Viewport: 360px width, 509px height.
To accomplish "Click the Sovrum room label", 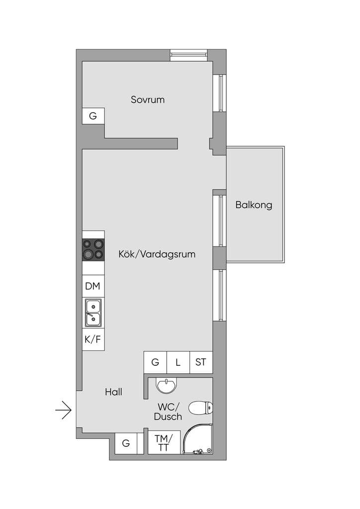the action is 148,99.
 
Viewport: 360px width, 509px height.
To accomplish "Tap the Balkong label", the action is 254,205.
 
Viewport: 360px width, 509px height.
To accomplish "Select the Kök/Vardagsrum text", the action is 157,254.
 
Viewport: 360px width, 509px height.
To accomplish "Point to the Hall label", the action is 113,392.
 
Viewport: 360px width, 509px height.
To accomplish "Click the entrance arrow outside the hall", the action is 63,410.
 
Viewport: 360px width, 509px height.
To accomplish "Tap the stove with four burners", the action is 93,250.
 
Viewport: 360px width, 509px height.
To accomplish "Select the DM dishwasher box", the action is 93,286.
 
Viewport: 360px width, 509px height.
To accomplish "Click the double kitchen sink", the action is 93,313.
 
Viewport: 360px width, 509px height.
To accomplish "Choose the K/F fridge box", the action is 93,339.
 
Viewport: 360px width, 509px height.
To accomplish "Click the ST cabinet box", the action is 201,362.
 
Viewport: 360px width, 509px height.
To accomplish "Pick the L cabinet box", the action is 178,362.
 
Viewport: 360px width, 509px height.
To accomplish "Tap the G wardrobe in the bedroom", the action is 93,115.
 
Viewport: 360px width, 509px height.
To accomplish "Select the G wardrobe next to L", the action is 155,362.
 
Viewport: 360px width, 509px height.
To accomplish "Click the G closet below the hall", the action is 126,443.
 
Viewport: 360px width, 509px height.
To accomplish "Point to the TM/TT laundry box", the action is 164,442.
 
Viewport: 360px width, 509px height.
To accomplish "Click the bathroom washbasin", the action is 167,385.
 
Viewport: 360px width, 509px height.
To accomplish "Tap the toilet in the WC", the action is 200,408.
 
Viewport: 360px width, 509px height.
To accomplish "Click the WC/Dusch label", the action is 168,411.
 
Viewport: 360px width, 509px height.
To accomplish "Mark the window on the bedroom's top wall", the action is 189,55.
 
